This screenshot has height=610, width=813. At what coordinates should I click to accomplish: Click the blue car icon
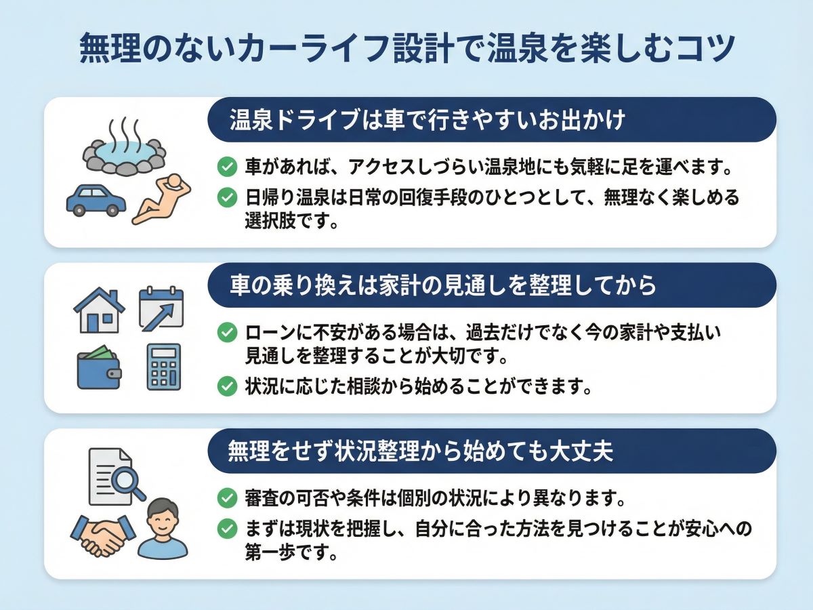(96, 200)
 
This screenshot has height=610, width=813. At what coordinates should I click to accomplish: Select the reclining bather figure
(161, 199)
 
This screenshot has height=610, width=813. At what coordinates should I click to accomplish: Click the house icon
(100, 310)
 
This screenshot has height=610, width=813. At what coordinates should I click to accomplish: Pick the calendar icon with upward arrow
(161, 308)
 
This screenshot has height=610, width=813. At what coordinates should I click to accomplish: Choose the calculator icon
(164, 367)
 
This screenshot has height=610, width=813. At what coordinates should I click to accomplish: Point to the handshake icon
(103, 536)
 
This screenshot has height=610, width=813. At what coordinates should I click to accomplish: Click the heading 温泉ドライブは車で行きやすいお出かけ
(428, 120)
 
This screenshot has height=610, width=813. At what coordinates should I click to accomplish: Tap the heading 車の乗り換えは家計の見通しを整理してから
(443, 285)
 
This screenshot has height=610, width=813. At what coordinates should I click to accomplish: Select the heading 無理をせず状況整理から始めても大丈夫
(421, 451)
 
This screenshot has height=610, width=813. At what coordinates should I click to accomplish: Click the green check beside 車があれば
(227, 167)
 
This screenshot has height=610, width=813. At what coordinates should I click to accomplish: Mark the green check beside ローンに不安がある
(227, 332)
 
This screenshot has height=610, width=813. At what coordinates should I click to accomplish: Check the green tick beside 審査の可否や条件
(227, 497)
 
